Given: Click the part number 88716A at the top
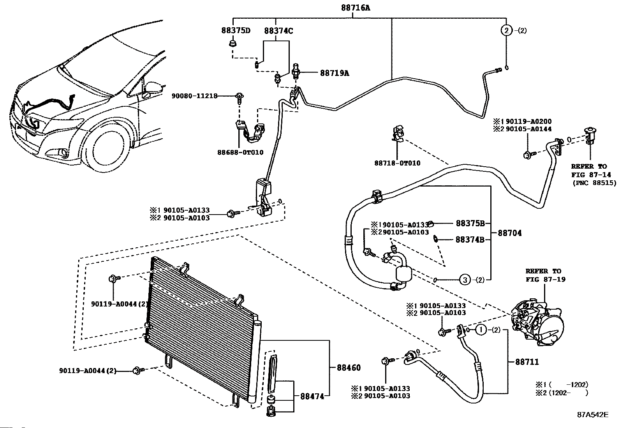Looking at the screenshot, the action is (x=356, y=8).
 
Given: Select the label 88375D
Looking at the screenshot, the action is (x=236, y=30).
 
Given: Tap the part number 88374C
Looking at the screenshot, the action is (x=278, y=31).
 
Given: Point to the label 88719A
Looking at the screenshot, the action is (x=335, y=73).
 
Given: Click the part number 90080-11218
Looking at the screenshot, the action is (x=195, y=96).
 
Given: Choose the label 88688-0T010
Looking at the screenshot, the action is (x=240, y=152).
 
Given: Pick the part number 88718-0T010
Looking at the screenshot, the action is (x=398, y=163).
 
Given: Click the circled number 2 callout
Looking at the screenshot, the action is (x=507, y=30).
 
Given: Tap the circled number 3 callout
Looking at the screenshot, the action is (x=465, y=280).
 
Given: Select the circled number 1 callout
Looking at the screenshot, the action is (x=481, y=330).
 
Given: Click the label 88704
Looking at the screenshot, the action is (x=509, y=233).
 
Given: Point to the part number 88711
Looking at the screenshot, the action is (x=527, y=362).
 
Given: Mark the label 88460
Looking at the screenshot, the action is (x=349, y=368).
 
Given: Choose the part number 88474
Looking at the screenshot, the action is (x=312, y=396).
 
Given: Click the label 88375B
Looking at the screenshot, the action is (x=470, y=223).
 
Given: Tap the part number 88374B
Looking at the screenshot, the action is (x=470, y=240).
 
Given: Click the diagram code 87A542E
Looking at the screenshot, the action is (x=593, y=415).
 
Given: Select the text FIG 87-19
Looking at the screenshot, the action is (x=546, y=279).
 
